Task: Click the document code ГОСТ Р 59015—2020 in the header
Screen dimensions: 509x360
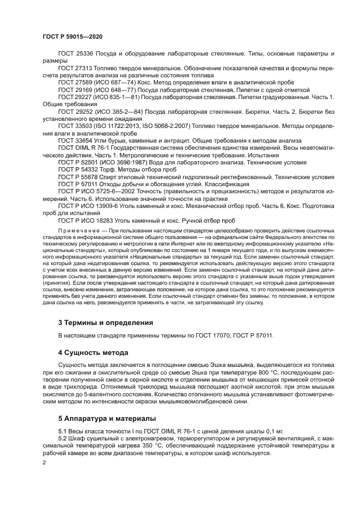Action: pyautogui.click(x=72, y=36)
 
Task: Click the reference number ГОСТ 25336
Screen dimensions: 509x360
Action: pyautogui.click(x=76, y=54)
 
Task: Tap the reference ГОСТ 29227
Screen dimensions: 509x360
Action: pyautogui.click(x=76, y=96)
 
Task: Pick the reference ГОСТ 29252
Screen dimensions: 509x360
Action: pyautogui.click(x=76, y=111)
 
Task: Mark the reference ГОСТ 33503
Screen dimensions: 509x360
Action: pyautogui.click(x=76, y=125)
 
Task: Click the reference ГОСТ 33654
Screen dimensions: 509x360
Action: pyautogui.click(x=76, y=140)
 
